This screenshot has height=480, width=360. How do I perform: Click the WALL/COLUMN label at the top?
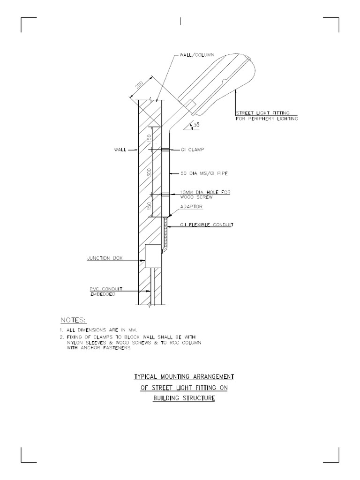point(196,55)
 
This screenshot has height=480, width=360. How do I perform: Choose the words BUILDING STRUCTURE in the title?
point(184,398)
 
